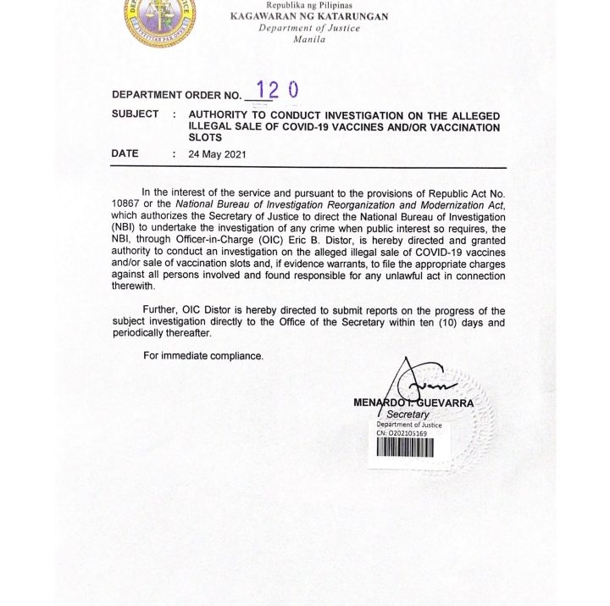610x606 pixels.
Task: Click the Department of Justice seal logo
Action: (x=158, y=19)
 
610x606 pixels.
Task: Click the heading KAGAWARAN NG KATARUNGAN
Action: (x=314, y=16)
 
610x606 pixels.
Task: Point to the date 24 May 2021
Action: (x=217, y=154)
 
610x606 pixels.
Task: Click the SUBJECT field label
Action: (x=135, y=114)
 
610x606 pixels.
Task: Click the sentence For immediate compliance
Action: (x=203, y=355)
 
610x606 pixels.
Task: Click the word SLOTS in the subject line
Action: (x=205, y=137)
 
